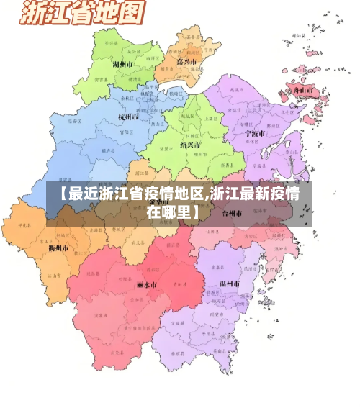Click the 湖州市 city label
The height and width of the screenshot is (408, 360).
coord(125,64)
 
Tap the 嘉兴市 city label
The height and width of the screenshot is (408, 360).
coord(186,62)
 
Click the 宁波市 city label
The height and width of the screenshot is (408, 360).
coord(254,133)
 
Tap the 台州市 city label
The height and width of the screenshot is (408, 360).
coord(233,213)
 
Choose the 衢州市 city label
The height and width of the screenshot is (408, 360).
coord(58,248)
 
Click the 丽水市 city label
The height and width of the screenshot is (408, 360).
coord(147,284)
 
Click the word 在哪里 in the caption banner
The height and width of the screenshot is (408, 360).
coord(173,212)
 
